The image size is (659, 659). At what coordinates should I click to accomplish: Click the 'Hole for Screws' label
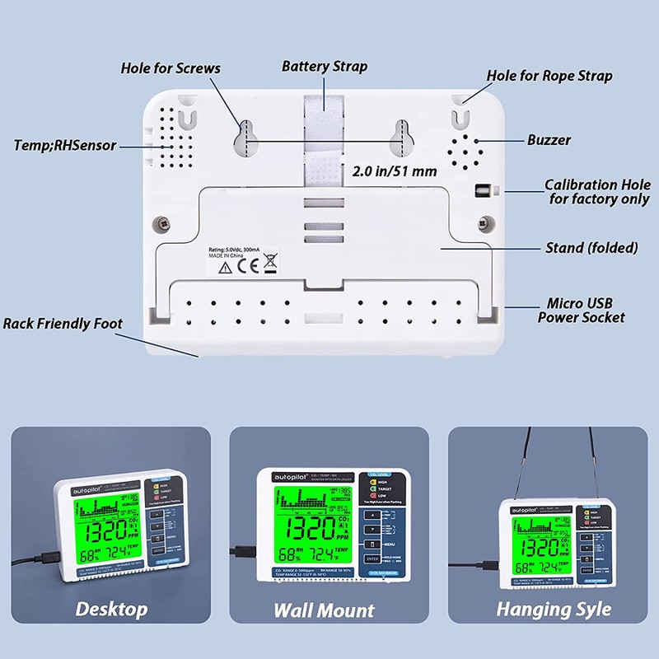pyautogui.click(x=170, y=68)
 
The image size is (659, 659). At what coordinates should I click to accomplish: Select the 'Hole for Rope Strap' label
pyautogui.click(x=549, y=76)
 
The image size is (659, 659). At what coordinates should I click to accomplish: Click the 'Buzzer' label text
pyautogui.click(x=549, y=140)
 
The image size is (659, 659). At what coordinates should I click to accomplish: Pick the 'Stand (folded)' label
pyautogui.click(x=591, y=247)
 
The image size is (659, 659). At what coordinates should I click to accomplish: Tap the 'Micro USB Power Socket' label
pyautogui.click(x=581, y=311)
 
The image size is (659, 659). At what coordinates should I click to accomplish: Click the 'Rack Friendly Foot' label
pyautogui.click(x=63, y=324)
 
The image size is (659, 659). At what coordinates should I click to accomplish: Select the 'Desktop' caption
pyautogui.click(x=112, y=610)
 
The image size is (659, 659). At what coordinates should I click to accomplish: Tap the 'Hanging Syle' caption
pyautogui.click(x=554, y=610)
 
